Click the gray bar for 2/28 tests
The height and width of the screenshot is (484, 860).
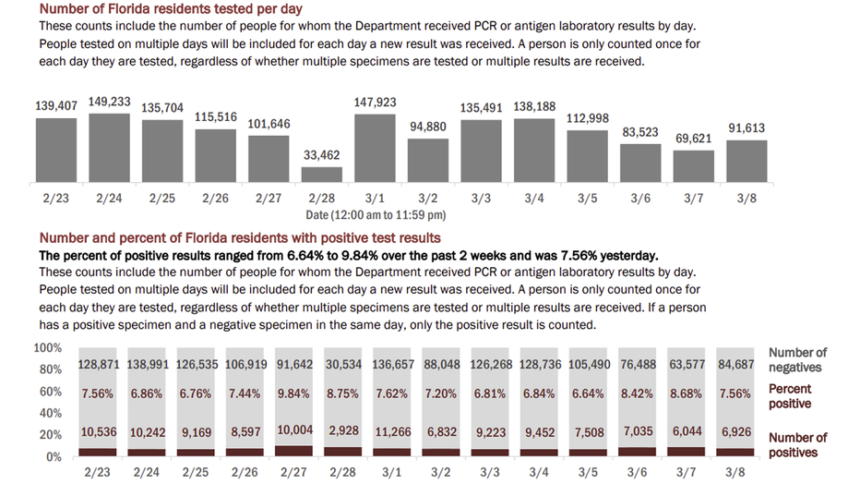click(x=321, y=175)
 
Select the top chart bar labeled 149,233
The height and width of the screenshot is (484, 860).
click(x=109, y=148)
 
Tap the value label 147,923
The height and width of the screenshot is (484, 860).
click(x=376, y=103)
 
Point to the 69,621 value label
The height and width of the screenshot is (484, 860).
click(x=693, y=139)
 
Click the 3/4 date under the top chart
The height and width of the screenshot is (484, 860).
click(x=534, y=198)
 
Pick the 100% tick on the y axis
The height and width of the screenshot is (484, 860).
click(x=48, y=348)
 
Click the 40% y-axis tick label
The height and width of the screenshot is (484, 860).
click(x=51, y=413)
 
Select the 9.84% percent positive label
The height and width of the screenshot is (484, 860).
click(x=293, y=394)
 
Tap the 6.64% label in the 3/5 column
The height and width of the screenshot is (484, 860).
click(x=588, y=394)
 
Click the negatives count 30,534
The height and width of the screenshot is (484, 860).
click(x=344, y=364)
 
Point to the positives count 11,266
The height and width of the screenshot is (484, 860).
click(x=393, y=432)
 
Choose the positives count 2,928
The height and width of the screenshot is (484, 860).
click(x=344, y=430)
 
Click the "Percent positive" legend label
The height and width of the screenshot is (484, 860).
click(x=790, y=396)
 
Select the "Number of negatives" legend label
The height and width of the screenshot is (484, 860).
click(x=797, y=360)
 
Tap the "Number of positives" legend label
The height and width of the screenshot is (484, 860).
click(x=797, y=445)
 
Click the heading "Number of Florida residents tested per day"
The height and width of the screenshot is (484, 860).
click(x=171, y=9)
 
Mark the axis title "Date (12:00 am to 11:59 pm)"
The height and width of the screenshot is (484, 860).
click(x=376, y=215)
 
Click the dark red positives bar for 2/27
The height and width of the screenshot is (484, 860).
click(x=294, y=451)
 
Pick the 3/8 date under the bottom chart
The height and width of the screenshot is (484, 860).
click(x=735, y=472)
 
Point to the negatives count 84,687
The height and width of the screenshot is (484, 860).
click(x=736, y=364)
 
